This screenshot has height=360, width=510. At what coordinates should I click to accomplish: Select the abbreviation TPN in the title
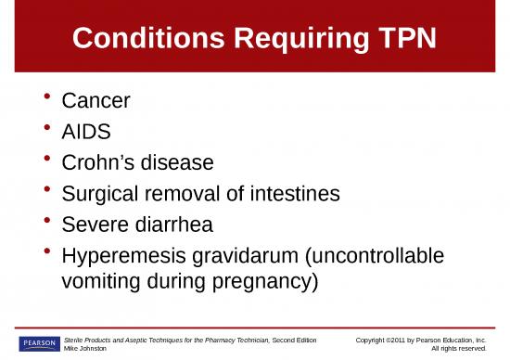(x=403, y=38)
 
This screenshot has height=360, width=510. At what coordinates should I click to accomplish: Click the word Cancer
(x=95, y=100)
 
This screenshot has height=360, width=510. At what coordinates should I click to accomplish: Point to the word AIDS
(x=86, y=132)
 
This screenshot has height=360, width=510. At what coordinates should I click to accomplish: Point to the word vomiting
(x=101, y=281)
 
